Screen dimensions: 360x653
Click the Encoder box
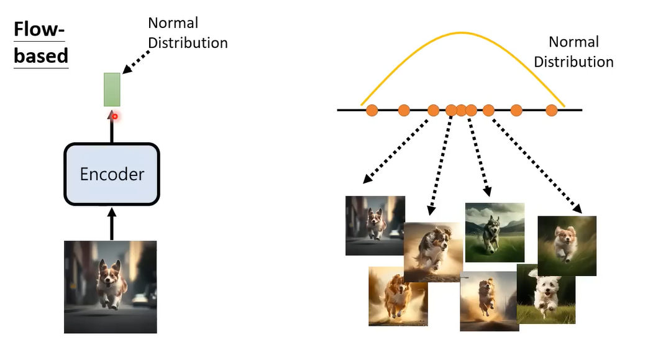(112, 174)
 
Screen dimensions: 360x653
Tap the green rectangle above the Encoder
(112, 89)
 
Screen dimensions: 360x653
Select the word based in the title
(41, 55)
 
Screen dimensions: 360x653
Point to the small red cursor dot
(115, 116)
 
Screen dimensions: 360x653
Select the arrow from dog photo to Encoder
(112, 224)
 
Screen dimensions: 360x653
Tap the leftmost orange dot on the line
(372, 111)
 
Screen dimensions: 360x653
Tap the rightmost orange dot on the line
(552, 111)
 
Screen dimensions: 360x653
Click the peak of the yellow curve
(463, 32)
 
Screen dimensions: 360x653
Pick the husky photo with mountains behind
(495, 231)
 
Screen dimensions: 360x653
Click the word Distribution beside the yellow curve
(573, 62)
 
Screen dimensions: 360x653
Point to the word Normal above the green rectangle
(173, 23)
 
